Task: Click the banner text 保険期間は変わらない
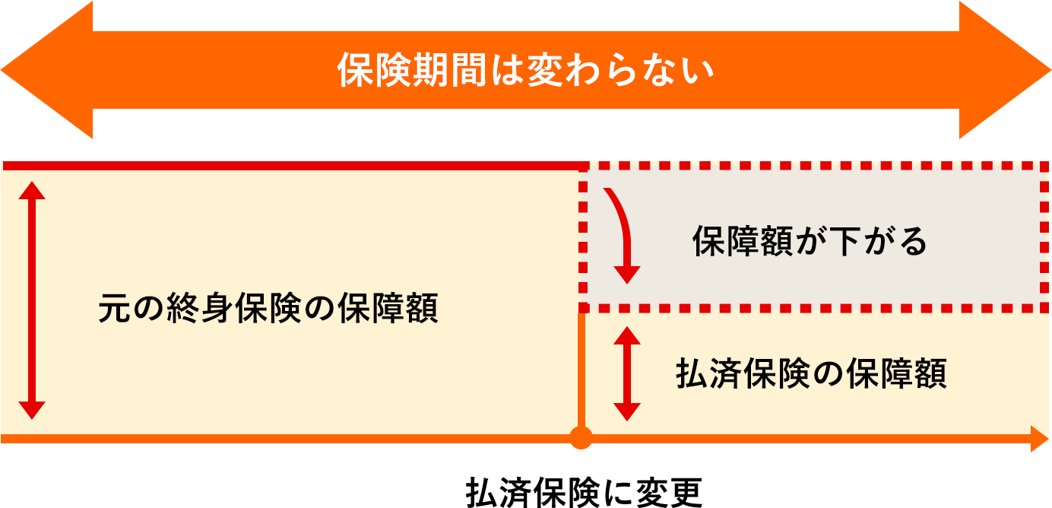(x=526, y=71)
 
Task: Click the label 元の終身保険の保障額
(x=268, y=310)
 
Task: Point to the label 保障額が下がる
(x=810, y=243)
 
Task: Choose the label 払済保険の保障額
(x=811, y=374)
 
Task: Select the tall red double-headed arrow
(x=31, y=300)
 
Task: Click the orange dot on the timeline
(x=581, y=438)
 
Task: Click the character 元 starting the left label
(x=113, y=310)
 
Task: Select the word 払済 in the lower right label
(x=710, y=374)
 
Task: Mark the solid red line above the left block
(x=289, y=165)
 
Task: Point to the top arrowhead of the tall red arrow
(x=31, y=189)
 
